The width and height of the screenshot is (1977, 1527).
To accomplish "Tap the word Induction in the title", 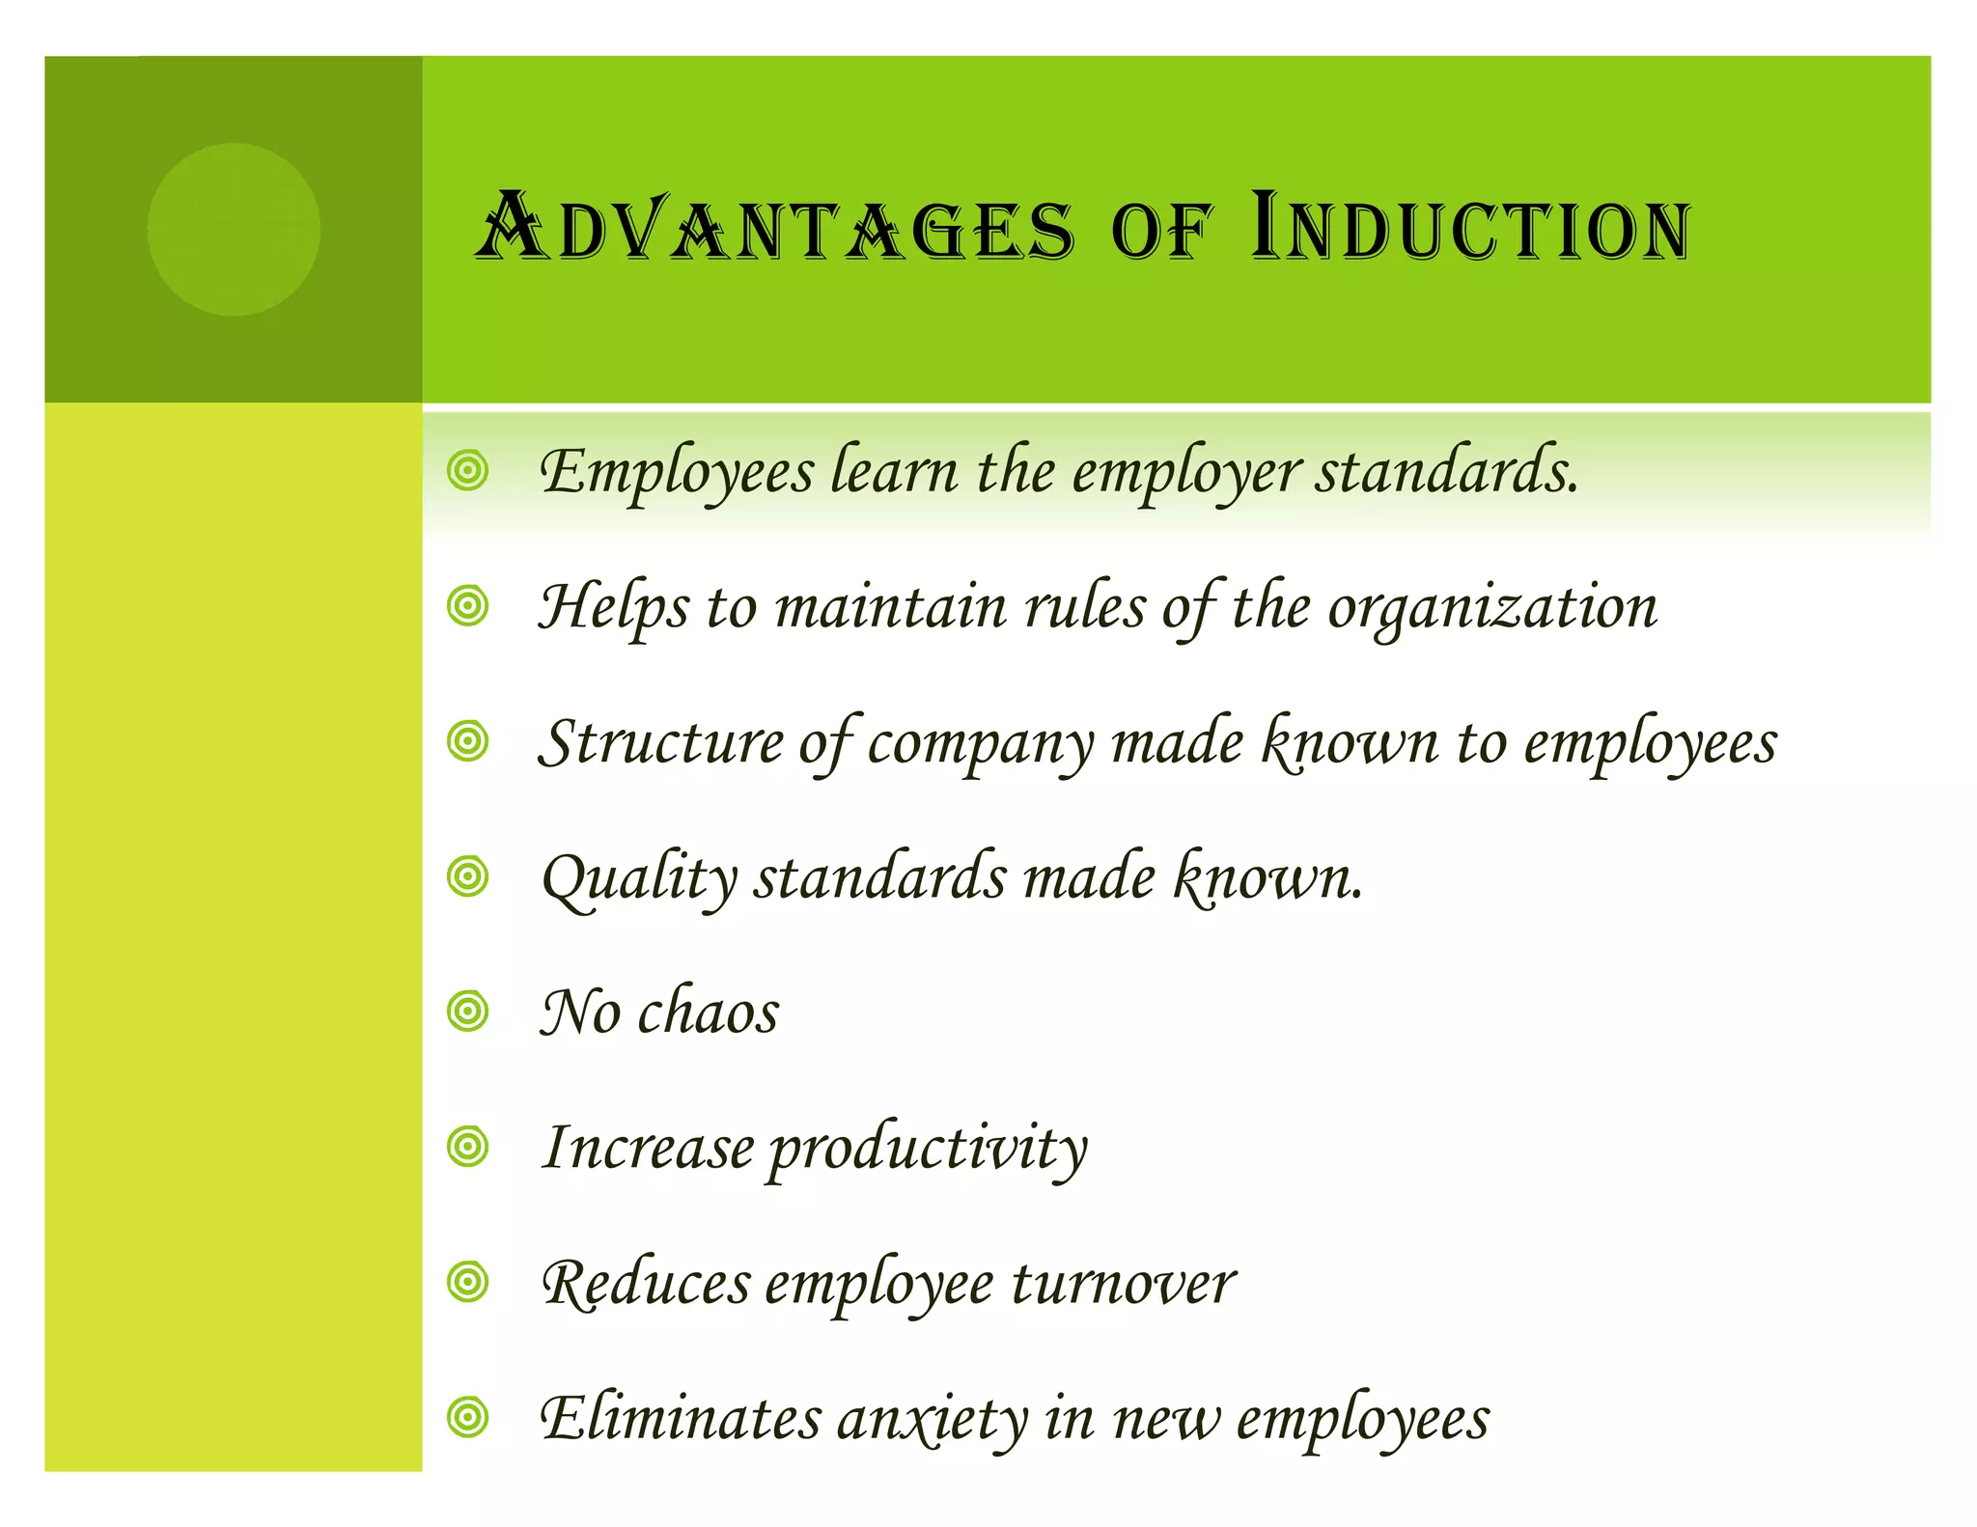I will [1469, 229].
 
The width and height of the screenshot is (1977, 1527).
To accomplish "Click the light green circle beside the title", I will [234, 230].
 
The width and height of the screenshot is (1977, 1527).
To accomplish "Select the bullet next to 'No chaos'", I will [468, 1012].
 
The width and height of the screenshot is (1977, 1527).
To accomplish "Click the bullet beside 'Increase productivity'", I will [468, 1147].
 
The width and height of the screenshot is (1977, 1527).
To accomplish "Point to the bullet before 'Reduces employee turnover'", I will [468, 1282].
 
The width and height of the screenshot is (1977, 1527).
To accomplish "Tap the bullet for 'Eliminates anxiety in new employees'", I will [468, 1417].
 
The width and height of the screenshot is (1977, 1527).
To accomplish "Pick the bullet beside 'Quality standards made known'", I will [468, 876].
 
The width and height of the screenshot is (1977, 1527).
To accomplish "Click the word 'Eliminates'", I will [680, 1419].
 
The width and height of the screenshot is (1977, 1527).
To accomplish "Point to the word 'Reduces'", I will [646, 1285].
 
